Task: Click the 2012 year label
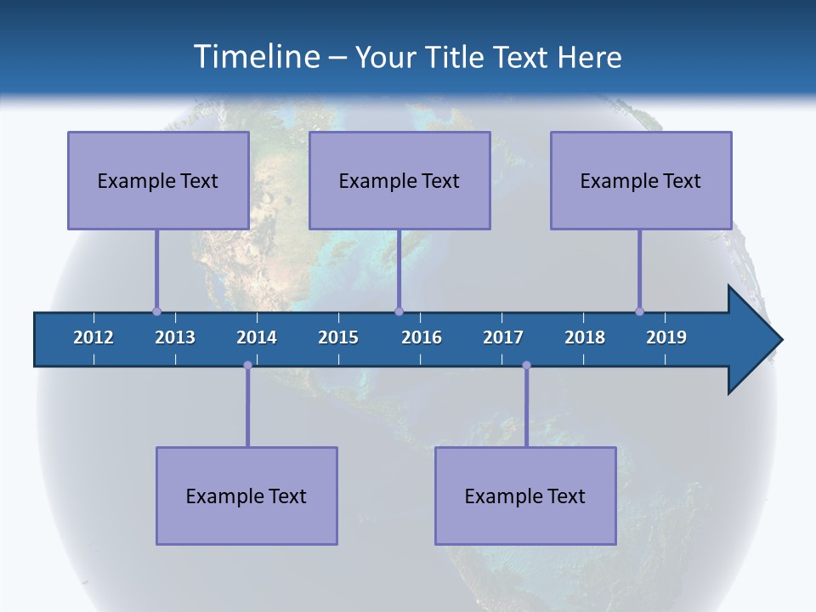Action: pos(93,337)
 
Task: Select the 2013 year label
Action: pos(175,337)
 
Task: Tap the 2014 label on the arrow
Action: pos(257,337)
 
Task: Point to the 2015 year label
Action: pos(338,337)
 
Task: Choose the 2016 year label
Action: pos(422,337)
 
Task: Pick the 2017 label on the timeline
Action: pos(503,337)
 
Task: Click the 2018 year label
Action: pos(585,337)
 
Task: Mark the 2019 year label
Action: pos(666,337)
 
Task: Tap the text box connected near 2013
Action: pos(158,180)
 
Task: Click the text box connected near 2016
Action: pos(399,180)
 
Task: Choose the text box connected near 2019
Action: pos(641,180)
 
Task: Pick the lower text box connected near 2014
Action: pos(246,496)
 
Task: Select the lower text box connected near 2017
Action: pos(525,496)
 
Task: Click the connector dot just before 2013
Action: pos(156,311)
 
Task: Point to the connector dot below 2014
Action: pos(247,365)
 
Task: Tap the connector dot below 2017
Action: pos(526,365)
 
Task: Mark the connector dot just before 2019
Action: pos(639,311)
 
